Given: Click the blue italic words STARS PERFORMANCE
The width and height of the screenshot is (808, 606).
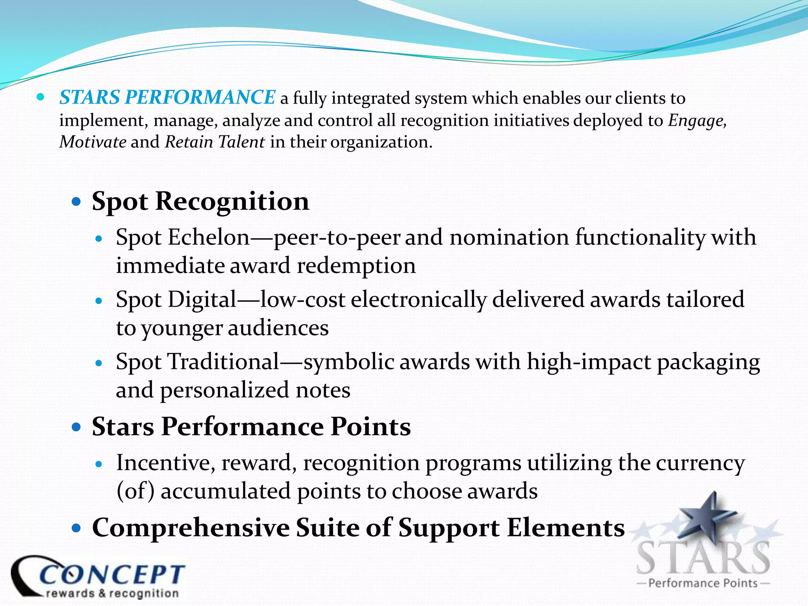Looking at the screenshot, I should [x=167, y=97].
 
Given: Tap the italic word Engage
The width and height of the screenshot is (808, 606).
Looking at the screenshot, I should [x=697, y=121].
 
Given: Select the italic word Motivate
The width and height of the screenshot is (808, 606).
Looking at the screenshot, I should [x=93, y=142].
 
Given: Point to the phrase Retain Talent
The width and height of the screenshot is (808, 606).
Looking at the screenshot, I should [x=215, y=142].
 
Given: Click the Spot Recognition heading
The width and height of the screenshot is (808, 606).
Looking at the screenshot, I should [x=200, y=202].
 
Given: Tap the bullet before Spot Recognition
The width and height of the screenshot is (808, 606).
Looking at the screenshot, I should [x=77, y=202].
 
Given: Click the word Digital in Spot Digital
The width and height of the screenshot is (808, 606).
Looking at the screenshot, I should [x=202, y=300].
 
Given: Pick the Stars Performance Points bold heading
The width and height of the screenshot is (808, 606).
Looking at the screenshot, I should [x=251, y=427].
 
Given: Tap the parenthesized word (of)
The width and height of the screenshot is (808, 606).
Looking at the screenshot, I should [x=135, y=492].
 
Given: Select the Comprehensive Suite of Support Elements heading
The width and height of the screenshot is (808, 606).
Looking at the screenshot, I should [x=358, y=528].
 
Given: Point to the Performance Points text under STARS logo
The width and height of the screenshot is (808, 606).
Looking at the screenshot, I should [x=703, y=583].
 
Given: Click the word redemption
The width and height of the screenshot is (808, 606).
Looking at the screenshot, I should [x=356, y=266].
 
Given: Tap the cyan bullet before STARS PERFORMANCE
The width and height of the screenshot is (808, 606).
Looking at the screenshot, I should [x=41, y=97].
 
